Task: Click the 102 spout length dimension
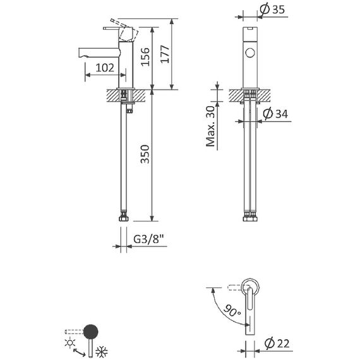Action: click(105, 68)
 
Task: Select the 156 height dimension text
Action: click(145, 57)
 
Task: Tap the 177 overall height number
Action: click(165, 54)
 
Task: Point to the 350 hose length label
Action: click(145, 154)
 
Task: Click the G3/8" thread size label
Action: click(148, 239)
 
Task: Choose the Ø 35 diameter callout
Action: click(272, 9)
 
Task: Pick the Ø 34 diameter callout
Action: click(275, 114)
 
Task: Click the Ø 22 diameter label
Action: click(277, 344)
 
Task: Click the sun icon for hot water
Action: click(70, 343)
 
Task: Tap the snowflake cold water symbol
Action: click(102, 352)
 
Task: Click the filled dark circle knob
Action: click(91, 332)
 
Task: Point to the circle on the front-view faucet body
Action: click(250, 52)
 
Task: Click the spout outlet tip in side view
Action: click(80, 52)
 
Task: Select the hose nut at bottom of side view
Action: click(124, 217)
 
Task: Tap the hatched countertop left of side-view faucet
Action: click(112, 95)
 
